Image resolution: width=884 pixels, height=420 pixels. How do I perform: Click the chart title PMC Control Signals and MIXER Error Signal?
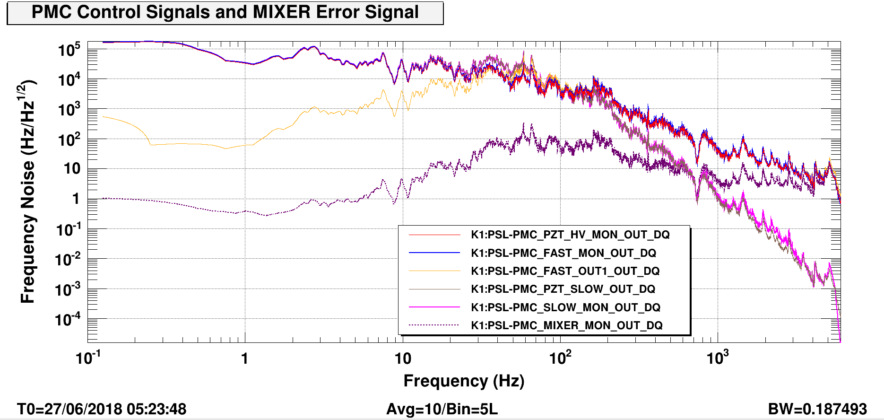[225, 12]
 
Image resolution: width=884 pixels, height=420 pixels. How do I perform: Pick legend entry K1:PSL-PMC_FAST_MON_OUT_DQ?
[563, 253]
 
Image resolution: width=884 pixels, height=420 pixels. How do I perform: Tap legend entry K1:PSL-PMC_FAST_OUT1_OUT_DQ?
[565, 271]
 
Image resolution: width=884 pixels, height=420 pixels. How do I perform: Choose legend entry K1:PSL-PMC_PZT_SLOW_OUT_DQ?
[563, 289]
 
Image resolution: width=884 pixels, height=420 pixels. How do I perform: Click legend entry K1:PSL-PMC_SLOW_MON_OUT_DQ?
[565, 307]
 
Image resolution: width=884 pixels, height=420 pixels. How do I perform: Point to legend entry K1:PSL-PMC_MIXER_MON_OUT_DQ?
[566, 325]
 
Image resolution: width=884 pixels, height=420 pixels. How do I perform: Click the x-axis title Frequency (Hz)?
[464, 381]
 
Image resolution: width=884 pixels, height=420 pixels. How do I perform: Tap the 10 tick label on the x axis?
[403, 359]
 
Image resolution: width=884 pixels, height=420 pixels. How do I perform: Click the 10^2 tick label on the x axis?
[560, 358]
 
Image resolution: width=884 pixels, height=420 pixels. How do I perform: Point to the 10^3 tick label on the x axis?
[718, 358]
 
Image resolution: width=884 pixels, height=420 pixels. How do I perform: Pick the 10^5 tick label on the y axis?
[69, 49]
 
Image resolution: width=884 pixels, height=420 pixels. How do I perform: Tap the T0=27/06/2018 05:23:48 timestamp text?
[102, 409]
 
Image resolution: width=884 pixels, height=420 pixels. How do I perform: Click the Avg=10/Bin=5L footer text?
[442, 409]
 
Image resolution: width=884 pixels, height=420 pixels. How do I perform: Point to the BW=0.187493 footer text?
[817, 409]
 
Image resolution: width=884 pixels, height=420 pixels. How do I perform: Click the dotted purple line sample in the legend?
[434, 325]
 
